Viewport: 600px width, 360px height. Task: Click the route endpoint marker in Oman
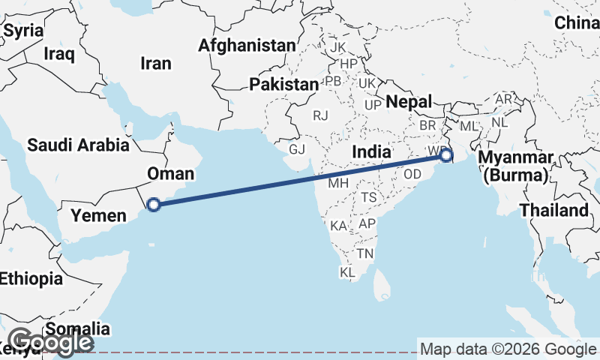point(154,204)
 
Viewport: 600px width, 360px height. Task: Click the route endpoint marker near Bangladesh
point(446,156)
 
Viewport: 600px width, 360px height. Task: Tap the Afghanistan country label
point(247,46)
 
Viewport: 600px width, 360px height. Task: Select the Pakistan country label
point(284,84)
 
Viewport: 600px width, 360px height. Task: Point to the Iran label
point(156,64)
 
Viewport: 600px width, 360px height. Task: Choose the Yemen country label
point(98,216)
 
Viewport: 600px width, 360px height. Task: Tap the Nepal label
point(409,102)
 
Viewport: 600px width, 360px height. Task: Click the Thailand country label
point(554,210)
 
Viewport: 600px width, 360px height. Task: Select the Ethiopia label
point(31,279)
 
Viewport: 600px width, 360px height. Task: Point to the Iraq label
point(60,53)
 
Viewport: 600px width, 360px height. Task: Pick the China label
point(576,23)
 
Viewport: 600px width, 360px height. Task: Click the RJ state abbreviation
point(321,115)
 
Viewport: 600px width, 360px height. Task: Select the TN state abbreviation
point(365,254)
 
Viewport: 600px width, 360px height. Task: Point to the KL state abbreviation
point(347,273)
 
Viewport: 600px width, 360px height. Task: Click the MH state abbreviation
point(338,182)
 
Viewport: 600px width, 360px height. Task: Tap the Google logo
point(51,342)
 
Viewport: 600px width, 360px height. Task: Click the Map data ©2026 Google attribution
point(508,349)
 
